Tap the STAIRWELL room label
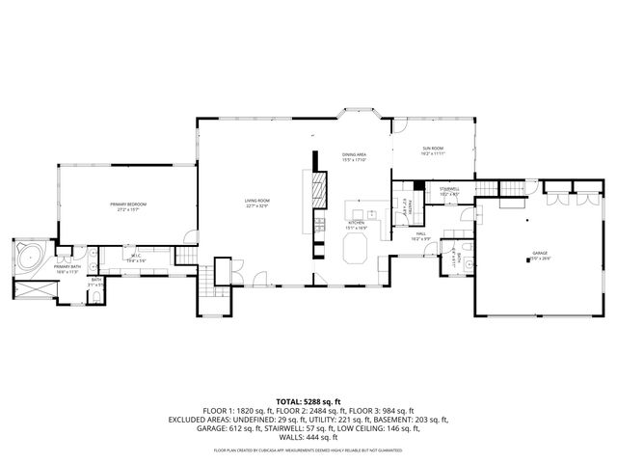(450, 190)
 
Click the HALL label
(421, 235)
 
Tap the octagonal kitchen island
(354, 250)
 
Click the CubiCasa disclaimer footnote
(308, 449)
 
